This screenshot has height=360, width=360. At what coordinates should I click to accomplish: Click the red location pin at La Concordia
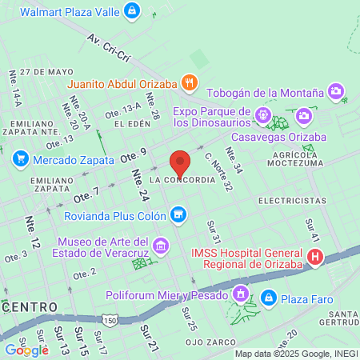tap(181, 162)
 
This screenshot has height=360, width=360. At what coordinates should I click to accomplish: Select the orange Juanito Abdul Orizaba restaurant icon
tap(189, 81)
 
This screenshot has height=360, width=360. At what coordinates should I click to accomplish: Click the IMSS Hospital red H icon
tap(315, 257)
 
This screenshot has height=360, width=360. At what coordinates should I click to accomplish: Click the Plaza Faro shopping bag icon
tap(269, 298)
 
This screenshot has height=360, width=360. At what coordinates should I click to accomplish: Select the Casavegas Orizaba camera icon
tap(303, 118)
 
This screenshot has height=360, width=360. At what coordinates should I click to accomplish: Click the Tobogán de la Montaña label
tap(265, 93)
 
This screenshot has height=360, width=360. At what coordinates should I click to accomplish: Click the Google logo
tap(26, 350)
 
